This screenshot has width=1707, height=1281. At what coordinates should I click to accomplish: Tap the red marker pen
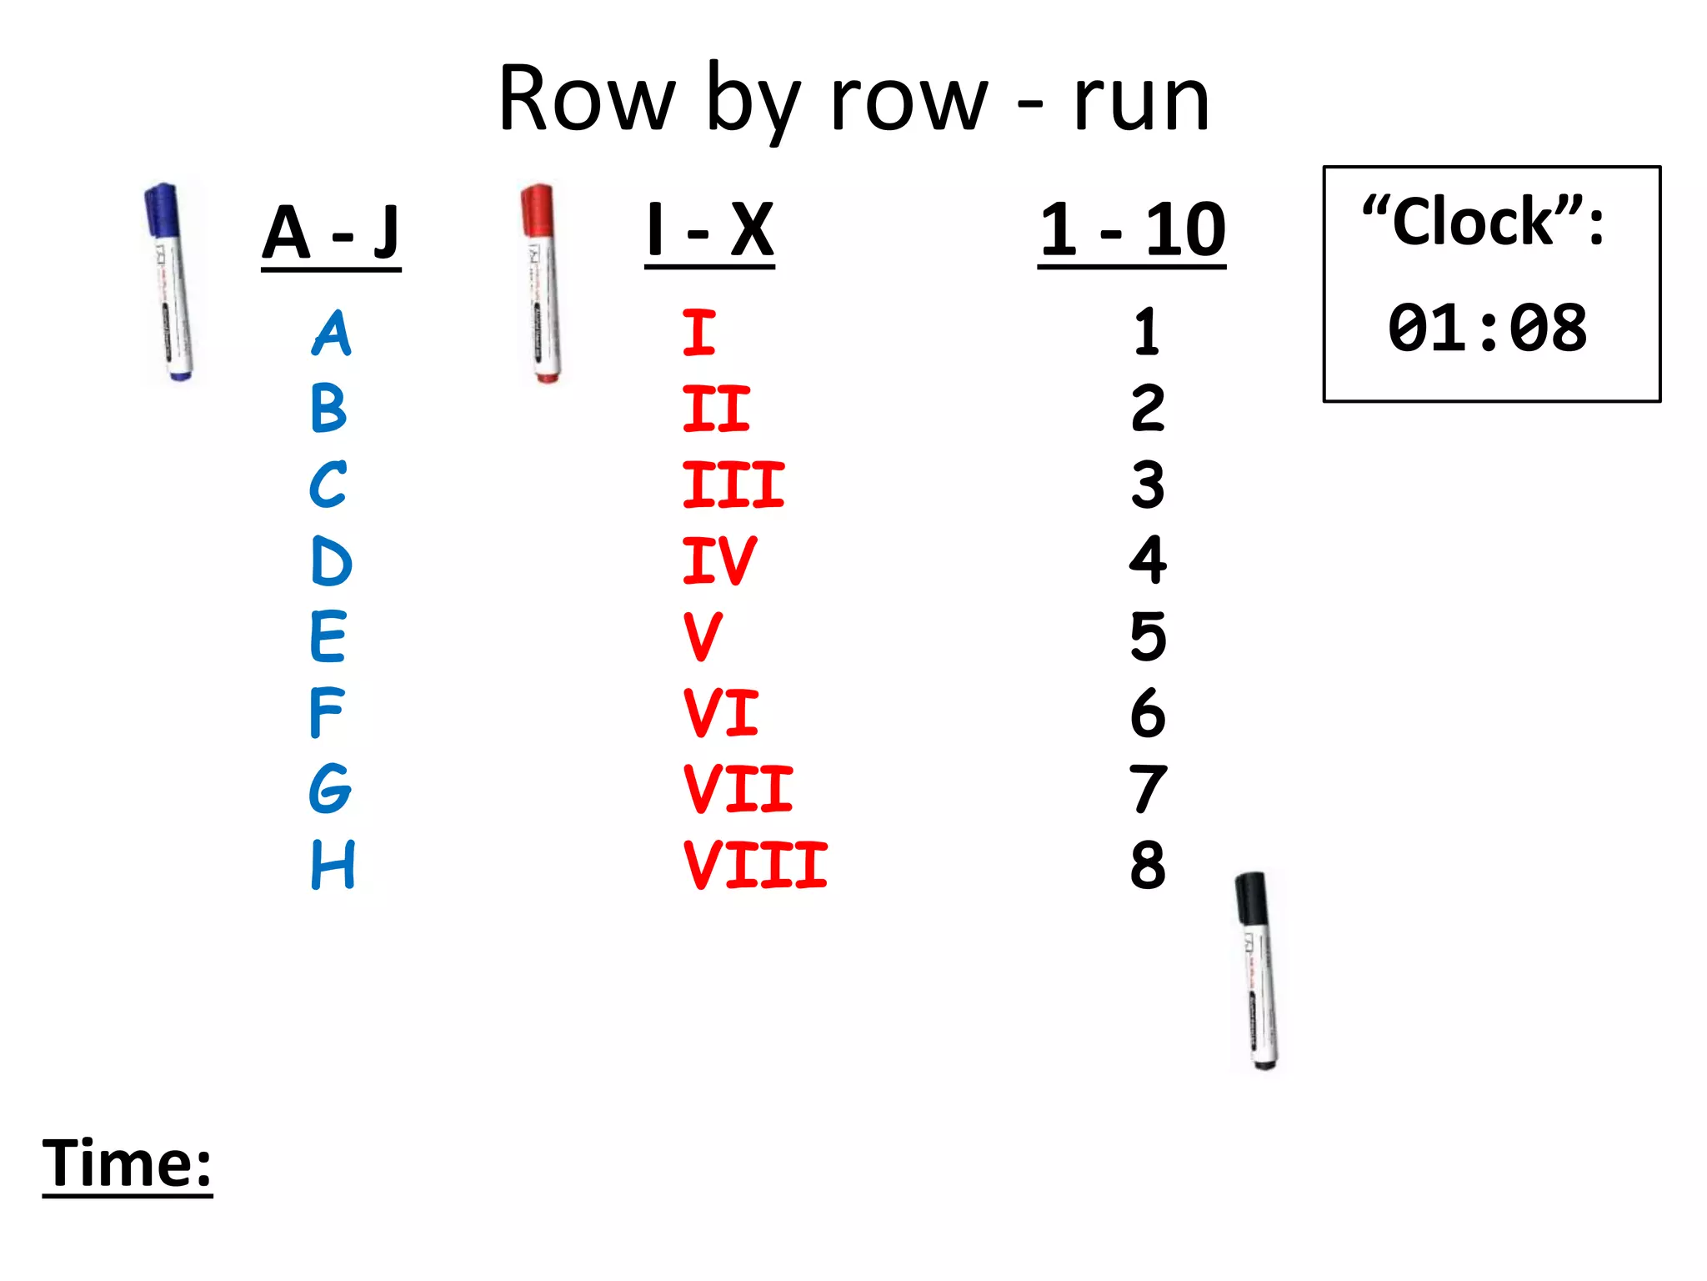[x=542, y=284]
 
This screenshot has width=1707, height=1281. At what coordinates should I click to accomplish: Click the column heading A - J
[x=331, y=233]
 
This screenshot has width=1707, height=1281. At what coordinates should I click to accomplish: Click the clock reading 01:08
[x=1487, y=328]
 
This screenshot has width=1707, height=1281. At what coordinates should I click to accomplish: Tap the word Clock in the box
[x=1473, y=222]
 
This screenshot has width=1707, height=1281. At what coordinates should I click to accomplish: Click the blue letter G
[x=330, y=788]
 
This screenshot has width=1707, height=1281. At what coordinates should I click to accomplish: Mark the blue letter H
[x=333, y=864]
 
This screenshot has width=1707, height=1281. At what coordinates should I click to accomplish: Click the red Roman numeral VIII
[x=755, y=865]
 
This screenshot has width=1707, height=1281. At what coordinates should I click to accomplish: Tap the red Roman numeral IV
[x=719, y=560]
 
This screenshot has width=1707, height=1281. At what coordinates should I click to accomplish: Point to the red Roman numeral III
[x=733, y=485]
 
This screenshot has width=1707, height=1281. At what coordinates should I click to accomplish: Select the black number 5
[x=1148, y=636]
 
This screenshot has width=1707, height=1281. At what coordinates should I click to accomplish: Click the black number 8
[x=1148, y=865]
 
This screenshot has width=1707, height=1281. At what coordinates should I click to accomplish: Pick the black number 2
[x=1148, y=409]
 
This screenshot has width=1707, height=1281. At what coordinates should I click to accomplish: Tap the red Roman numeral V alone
[x=703, y=636]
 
